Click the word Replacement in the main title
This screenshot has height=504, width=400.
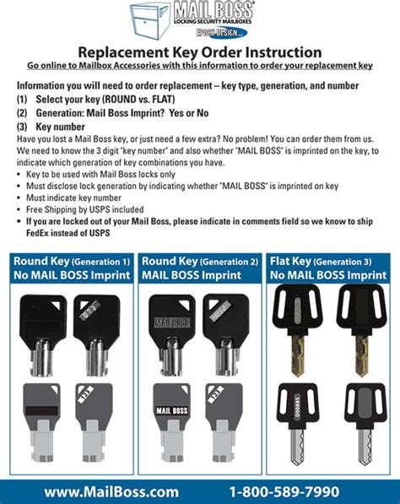coord(127,53)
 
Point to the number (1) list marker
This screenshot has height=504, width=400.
coord(22,99)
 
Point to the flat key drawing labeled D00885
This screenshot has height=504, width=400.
coord(301,420)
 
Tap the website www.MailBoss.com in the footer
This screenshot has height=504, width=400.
coord(111,491)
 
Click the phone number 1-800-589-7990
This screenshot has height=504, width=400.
coord(284,491)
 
